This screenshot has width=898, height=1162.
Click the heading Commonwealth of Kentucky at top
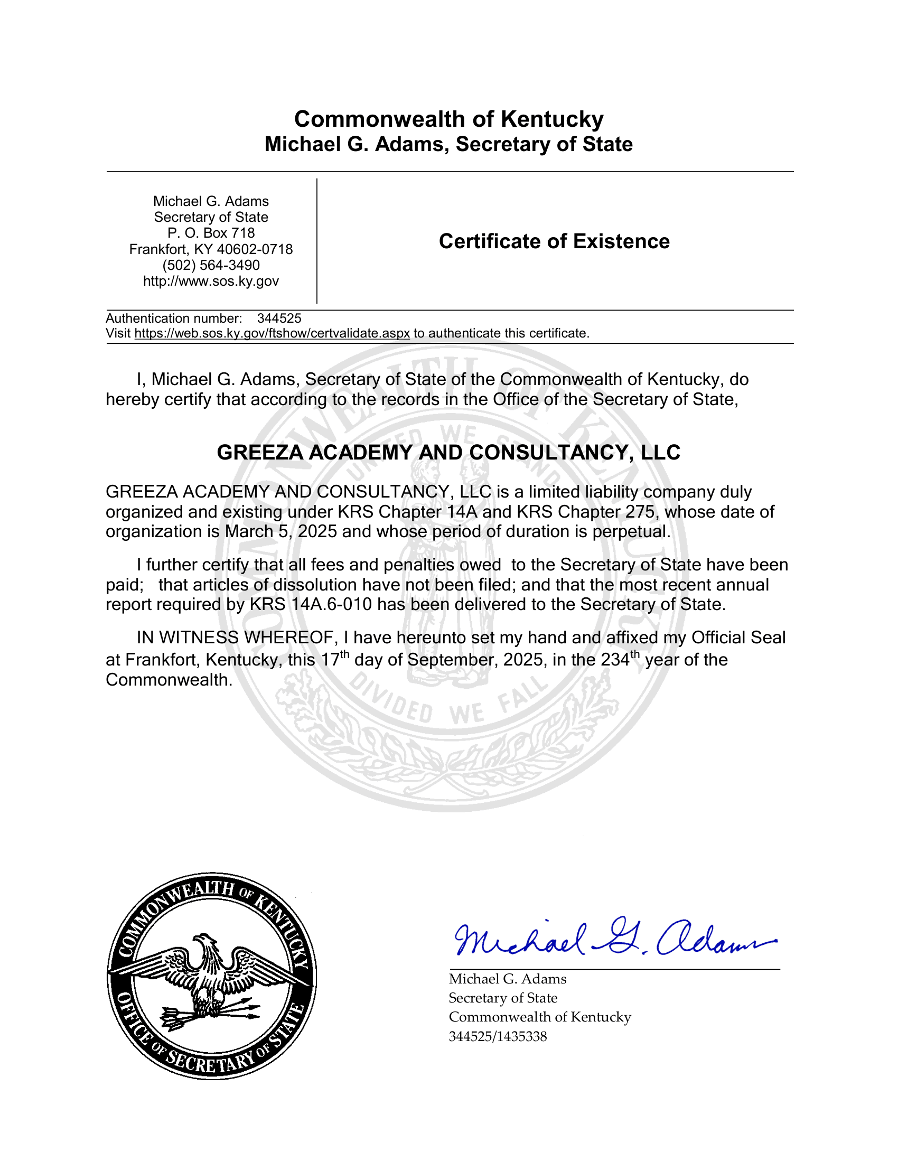click(x=448, y=119)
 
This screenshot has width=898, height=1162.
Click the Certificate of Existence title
click(x=554, y=241)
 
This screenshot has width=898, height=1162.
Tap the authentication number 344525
click(x=279, y=318)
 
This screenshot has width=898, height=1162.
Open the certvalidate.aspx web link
click(x=272, y=334)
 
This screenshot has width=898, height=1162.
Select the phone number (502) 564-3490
click(x=211, y=265)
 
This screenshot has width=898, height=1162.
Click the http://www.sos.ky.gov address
click(x=211, y=281)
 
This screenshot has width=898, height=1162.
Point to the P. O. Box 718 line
click(x=211, y=233)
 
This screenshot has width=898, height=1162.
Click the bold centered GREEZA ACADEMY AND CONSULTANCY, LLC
click(x=448, y=452)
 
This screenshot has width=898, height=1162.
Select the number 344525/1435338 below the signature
click(x=498, y=1036)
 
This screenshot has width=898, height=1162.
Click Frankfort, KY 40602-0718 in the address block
click(x=211, y=249)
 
